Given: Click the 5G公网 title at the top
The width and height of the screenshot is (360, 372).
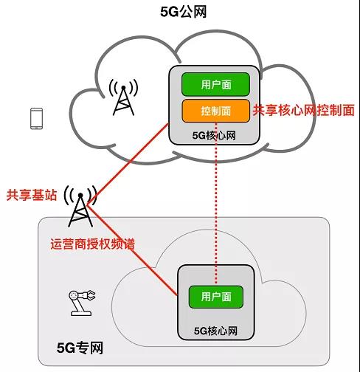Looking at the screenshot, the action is [x=184, y=12].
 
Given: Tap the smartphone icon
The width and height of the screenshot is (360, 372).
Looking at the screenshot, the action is [x=36, y=119].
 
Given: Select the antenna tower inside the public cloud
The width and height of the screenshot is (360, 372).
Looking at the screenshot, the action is [x=123, y=97].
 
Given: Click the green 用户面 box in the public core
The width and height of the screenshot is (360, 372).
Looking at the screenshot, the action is [x=215, y=84].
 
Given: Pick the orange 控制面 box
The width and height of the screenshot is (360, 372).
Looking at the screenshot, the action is [x=215, y=111].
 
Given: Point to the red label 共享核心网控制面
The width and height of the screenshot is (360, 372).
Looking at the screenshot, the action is [x=304, y=110].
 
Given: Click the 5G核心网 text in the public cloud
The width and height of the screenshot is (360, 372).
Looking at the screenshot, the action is [x=214, y=135].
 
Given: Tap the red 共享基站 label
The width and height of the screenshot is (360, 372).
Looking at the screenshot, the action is [x=32, y=195].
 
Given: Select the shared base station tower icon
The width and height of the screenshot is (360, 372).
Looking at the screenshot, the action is [x=80, y=206].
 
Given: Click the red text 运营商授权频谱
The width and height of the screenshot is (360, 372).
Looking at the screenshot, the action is [x=93, y=244].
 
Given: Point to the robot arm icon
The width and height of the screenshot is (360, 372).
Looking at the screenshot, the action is [x=82, y=303].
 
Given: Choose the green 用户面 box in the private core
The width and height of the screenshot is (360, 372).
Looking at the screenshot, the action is [x=216, y=297].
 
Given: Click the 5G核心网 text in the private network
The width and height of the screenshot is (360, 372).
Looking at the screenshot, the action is [x=215, y=331].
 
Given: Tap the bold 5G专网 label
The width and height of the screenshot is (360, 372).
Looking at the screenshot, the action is [x=80, y=348].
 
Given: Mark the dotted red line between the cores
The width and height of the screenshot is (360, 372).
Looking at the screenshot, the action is [x=216, y=203].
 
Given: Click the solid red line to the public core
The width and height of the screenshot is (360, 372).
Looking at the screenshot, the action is [x=128, y=164].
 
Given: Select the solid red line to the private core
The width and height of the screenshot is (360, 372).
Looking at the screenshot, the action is [x=132, y=250].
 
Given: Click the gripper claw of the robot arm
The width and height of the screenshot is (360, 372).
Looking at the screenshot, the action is [x=90, y=295].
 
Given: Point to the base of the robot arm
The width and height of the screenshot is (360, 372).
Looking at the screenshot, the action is [x=81, y=313].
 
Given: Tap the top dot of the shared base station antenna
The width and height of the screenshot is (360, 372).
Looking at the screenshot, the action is [x=80, y=196].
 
